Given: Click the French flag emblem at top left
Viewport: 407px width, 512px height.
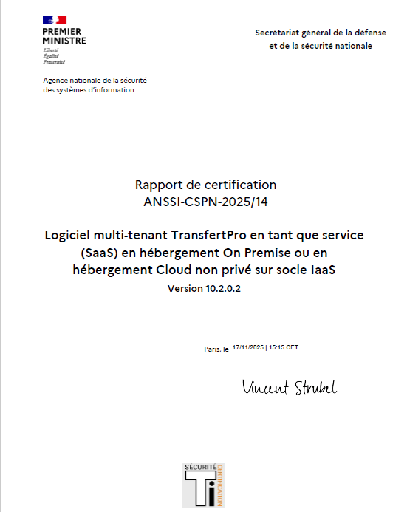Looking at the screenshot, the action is [55, 19].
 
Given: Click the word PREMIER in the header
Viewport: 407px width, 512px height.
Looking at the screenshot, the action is [62, 32].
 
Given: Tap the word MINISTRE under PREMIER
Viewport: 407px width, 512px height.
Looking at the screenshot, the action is [64, 41].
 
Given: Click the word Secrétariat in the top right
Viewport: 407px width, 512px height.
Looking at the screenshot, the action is [277, 33].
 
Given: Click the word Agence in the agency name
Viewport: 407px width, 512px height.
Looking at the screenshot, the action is [56, 80].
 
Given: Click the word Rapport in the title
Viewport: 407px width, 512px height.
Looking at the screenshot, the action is [159, 185].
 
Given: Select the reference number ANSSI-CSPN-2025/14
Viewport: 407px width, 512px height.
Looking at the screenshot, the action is [205, 200].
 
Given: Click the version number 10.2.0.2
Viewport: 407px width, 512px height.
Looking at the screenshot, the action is [219, 289].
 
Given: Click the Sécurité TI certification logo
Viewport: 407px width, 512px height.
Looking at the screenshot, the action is [203, 485].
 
